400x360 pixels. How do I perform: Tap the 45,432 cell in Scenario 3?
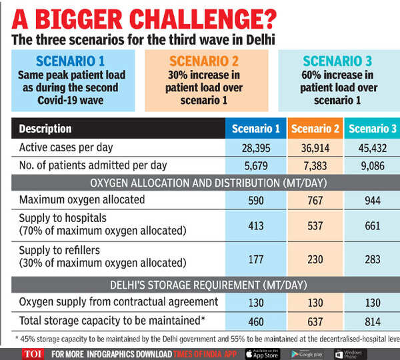point(371,147)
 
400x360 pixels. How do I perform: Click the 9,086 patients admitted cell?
point(371,165)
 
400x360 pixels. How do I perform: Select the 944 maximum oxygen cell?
point(371,199)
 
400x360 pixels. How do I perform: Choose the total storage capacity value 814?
point(371,320)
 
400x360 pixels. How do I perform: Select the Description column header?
point(45,129)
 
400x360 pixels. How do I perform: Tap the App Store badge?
point(263,353)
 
